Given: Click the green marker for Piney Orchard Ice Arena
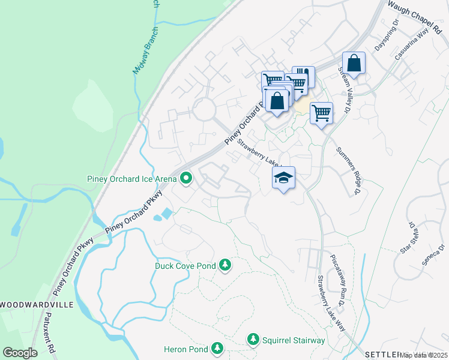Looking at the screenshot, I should (x=186, y=178).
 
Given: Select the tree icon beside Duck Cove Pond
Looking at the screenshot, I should (x=225, y=265).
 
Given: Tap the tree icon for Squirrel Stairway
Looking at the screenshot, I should (x=253, y=340).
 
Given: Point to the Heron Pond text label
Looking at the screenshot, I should (x=185, y=349).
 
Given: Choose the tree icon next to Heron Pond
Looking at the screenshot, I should (x=217, y=349).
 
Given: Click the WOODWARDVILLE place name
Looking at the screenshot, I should (x=37, y=305).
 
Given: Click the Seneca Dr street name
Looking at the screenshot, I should (x=435, y=257).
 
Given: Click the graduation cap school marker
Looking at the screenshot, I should (x=284, y=178).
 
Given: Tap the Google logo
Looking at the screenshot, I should (x=20, y=353).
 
